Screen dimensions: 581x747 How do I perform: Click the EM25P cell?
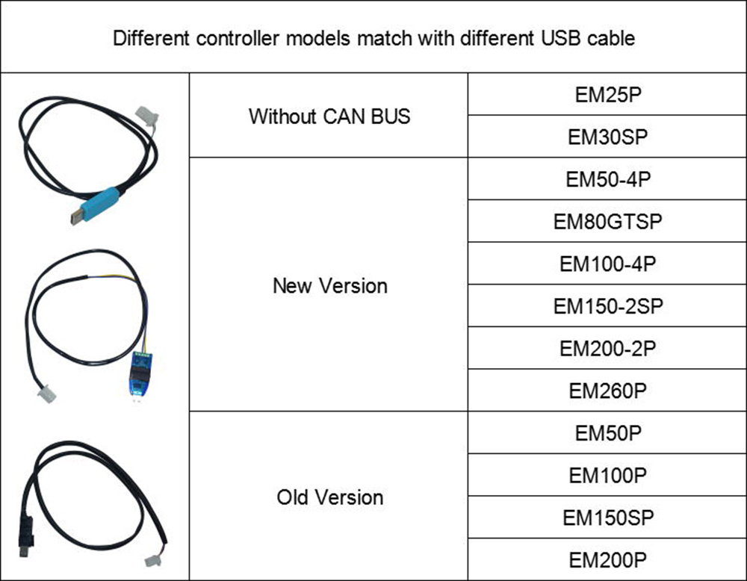tap(607, 95)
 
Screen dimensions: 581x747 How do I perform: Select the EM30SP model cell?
tap(607, 137)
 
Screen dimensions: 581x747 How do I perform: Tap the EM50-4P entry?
tap(607, 179)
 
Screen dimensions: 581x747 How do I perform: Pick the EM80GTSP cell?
tap(607, 221)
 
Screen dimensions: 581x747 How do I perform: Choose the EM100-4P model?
tap(607, 264)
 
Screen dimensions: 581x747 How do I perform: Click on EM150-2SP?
tap(607, 305)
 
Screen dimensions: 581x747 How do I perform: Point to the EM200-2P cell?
tap(607, 348)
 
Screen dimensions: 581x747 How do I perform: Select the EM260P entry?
tap(607, 390)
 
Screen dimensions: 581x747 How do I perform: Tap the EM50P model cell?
tap(607, 432)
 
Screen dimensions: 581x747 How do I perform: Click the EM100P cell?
tap(607, 474)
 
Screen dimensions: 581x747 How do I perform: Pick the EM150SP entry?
tap(607, 517)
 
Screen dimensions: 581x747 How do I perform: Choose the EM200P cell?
tap(607, 559)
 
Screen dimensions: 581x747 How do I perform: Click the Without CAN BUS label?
tap(329, 116)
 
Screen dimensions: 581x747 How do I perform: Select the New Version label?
tap(329, 285)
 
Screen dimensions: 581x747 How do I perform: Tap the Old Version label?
tap(329, 497)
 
